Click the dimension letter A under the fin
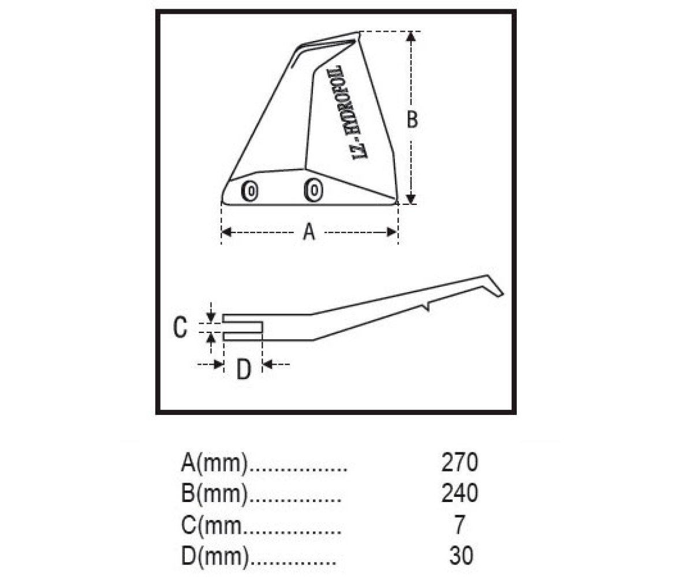pyautogui.click(x=309, y=232)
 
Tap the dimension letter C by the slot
pyautogui.click(x=180, y=327)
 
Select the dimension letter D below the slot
pyautogui.click(x=244, y=370)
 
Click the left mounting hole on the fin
pyautogui.click(x=251, y=191)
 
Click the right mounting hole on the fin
pyautogui.click(x=314, y=190)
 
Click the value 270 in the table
pyautogui.click(x=460, y=462)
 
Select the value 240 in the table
pyautogui.click(x=460, y=493)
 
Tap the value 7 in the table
pyautogui.click(x=460, y=524)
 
